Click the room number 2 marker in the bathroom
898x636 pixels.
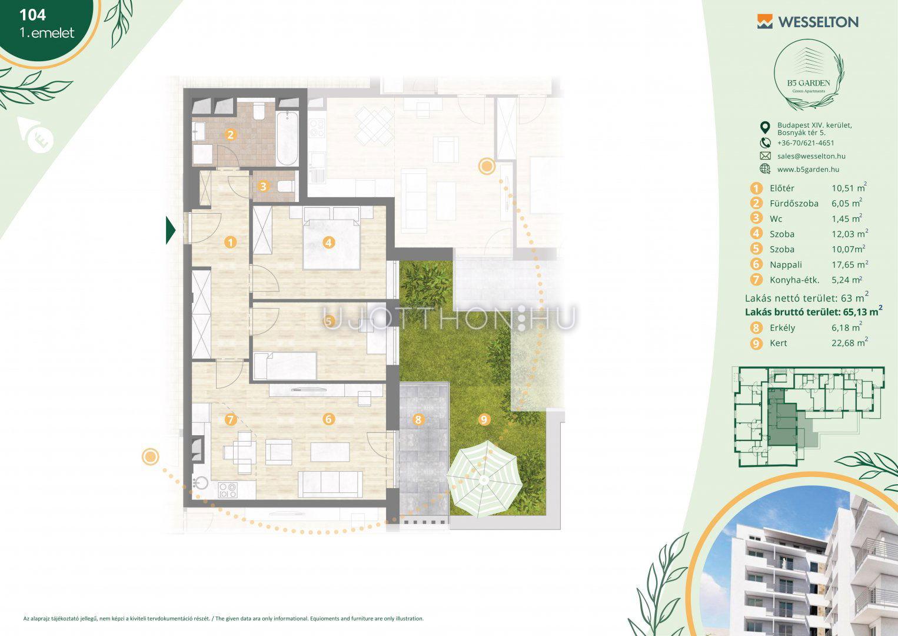tap(230, 134)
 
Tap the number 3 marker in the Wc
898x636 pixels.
tap(263, 186)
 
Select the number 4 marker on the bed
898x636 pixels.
tap(329, 243)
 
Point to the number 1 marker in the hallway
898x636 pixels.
tap(231, 242)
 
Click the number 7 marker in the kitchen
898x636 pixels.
tap(231, 419)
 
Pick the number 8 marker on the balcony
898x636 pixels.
tap(418, 420)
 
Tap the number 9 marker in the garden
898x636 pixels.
tap(484, 420)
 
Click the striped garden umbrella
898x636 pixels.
tap(484, 479)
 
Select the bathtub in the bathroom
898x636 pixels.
tap(287, 138)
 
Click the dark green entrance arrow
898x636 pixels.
tap(171, 230)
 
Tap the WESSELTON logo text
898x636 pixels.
tap(818, 22)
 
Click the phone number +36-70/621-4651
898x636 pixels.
tap(806, 143)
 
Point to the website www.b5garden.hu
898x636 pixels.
tap(808, 170)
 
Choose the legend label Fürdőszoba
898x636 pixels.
tap(794, 203)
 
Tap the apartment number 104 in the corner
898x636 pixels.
tap(32, 15)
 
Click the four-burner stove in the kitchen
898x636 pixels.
tap(227, 490)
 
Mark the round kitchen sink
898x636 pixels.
tap(200, 483)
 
